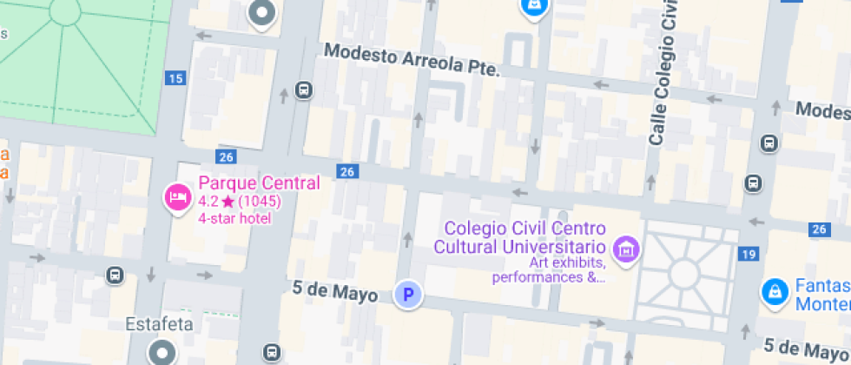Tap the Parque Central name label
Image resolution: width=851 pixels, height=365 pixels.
[x=259, y=183]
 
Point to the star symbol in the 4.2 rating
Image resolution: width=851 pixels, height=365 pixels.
[x=228, y=202]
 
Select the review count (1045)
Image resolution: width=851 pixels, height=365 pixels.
[x=260, y=202]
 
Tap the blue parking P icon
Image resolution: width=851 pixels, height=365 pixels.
[x=407, y=295]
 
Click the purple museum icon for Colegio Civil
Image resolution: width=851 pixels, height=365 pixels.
[x=624, y=249]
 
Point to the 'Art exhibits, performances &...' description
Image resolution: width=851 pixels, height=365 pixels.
[x=548, y=270]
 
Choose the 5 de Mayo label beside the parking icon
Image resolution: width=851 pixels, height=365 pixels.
[x=335, y=291]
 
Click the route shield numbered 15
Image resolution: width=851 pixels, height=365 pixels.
[x=175, y=79]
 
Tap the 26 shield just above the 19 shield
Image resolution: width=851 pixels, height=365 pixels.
[x=819, y=229]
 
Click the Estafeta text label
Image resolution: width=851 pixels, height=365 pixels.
[x=159, y=324]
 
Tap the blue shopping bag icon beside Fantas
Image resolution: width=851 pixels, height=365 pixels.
[x=773, y=292]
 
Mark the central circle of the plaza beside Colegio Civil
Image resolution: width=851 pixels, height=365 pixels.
[x=684, y=274]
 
